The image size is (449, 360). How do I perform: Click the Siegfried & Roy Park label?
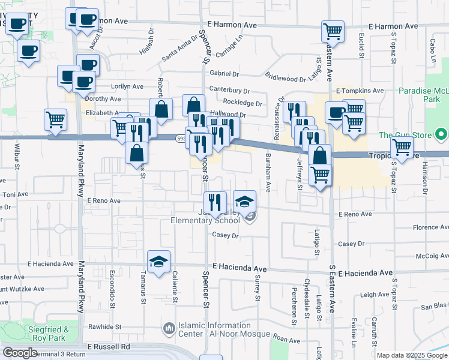pyautogui.click(x=49, y=334)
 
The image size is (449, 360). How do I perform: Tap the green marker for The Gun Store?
pyautogui.click(x=442, y=134)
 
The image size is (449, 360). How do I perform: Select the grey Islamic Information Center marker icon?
pyautogui.click(x=169, y=329)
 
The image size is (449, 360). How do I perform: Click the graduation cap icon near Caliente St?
pyautogui.click(x=158, y=262)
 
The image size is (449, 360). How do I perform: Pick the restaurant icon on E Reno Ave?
pyautogui.click(x=215, y=203)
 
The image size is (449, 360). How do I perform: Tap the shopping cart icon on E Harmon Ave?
pyautogui.click(x=333, y=31)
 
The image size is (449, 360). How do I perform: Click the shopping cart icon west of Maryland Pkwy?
pyautogui.click(x=55, y=119)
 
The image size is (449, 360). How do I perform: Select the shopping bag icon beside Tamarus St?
pyautogui.click(x=137, y=153)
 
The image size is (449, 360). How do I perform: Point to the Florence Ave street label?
pyautogui.click(x=429, y=227)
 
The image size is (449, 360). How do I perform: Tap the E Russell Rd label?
pyautogui.click(x=108, y=347)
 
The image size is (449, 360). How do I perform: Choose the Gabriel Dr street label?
pyautogui.click(x=224, y=73)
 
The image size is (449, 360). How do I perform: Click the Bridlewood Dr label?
pyautogui.click(x=285, y=79)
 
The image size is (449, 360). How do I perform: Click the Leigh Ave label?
pyautogui.click(x=375, y=295)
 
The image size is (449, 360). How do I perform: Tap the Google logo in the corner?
pyautogui.click(x=20, y=353)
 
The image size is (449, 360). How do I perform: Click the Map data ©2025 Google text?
pyautogui.click(x=412, y=355)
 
